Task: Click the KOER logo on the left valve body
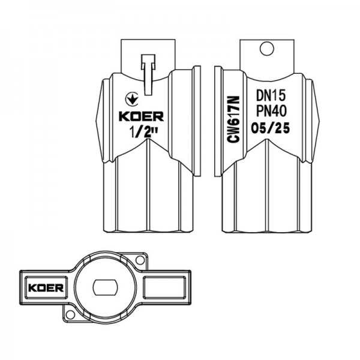pos(141,116)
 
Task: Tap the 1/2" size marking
pos(143,132)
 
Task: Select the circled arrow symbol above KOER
pos(131,99)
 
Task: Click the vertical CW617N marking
pos(233,119)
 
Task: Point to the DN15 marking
pos(271,95)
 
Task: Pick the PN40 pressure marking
pos(271,111)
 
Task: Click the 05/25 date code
pos(270,128)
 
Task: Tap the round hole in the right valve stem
pos(267,49)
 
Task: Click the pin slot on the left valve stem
pos(148,74)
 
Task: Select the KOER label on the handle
pos(46,287)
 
